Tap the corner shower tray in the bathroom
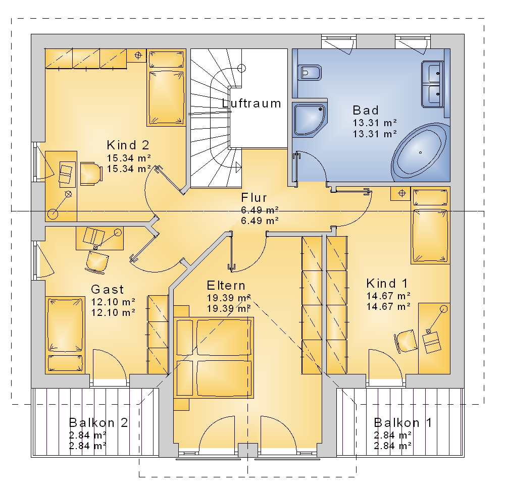click(310, 120)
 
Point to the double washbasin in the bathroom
click(433, 84)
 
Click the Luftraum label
click(251, 103)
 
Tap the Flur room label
click(254, 198)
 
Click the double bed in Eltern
click(214, 357)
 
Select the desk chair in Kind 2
click(91, 174)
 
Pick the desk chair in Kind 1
click(406, 341)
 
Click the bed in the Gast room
click(65, 335)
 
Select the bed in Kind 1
click(430, 225)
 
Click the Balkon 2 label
click(98, 422)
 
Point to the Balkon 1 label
click(402, 422)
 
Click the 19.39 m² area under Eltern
click(229, 298)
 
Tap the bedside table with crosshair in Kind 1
click(400, 193)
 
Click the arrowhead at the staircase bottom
click(238, 167)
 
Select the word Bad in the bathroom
click(366, 111)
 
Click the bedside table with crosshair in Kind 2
click(137, 56)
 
